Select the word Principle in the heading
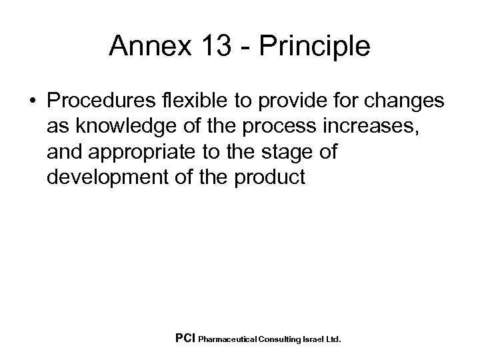click(316, 47)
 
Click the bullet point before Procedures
click(32, 101)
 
